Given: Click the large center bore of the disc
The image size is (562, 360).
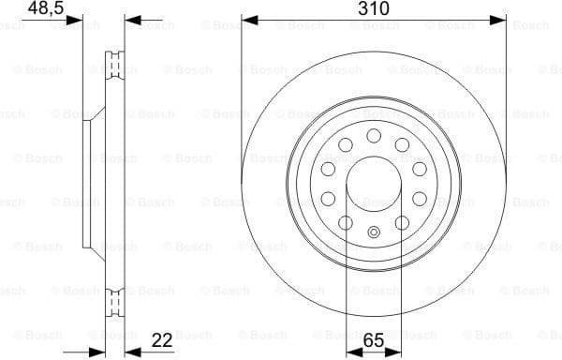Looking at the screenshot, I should tap(374, 184).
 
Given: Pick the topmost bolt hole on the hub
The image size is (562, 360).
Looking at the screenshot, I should tap(374, 136).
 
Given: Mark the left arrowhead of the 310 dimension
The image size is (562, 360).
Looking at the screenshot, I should tap(246, 19).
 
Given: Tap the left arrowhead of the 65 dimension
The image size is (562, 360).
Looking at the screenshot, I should tap(350, 351).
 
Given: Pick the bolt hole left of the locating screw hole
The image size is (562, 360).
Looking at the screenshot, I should tap(346, 222).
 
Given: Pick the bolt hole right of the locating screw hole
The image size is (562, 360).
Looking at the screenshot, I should tap(402, 222).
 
